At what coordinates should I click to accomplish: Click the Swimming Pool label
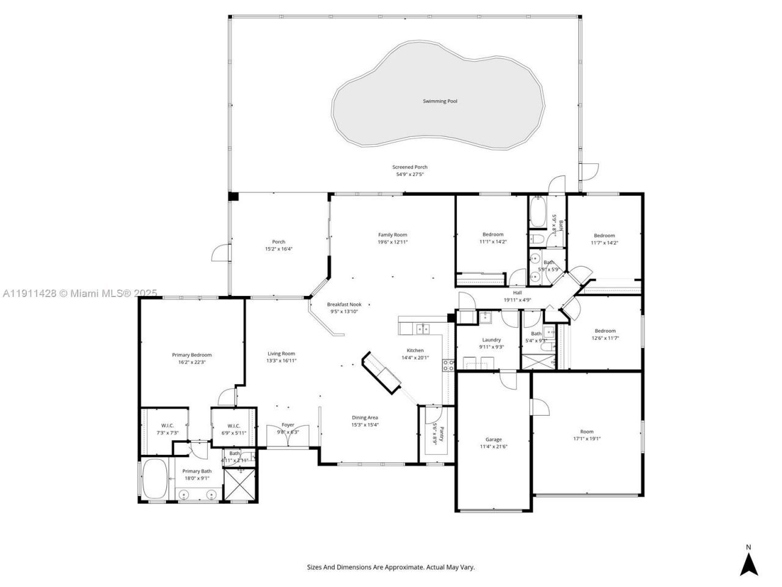440,101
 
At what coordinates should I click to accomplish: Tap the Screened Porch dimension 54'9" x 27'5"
409,174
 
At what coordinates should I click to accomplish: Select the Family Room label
392,235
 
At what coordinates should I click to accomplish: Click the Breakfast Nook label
344,304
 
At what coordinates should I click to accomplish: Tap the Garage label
493,439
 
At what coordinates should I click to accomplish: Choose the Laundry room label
491,340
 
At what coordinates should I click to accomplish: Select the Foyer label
288,425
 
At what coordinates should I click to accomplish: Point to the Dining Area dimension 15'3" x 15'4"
365,425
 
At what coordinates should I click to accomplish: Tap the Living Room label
281,353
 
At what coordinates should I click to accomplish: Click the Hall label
517,293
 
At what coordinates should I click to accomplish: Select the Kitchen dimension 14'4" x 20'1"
415,358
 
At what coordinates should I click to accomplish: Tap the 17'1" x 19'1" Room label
586,432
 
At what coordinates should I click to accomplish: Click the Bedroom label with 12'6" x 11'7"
605,331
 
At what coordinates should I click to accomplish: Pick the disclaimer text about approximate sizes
390,567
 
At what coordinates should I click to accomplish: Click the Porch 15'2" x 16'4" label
279,242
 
